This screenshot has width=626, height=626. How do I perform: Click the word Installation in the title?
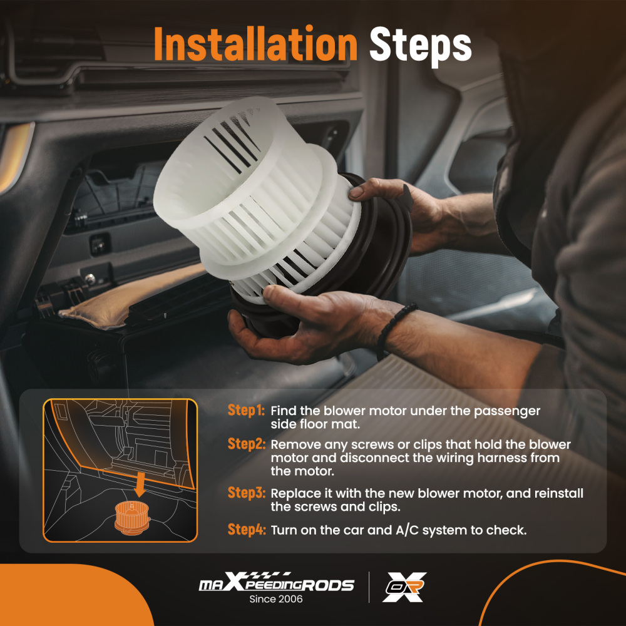(x=255, y=44)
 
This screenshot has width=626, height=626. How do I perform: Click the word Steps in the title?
(x=421, y=46)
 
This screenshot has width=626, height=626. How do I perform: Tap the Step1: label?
(x=246, y=410)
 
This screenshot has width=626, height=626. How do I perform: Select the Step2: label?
(x=246, y=444)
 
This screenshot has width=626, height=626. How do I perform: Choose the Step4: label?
(x=246, y=530)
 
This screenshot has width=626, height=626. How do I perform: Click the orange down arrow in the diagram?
(x=140, y=484)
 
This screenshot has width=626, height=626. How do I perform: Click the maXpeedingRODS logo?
(x=276, y=582)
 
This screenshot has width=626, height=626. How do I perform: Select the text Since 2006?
(x=276, y=599)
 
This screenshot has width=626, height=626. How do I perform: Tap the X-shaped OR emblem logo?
(x=404, y=587)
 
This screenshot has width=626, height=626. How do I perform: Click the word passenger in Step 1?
(x=506, y=412)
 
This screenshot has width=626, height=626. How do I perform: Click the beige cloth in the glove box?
(x=131, y=295)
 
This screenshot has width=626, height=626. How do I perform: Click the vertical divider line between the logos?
(x=369, y=587)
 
